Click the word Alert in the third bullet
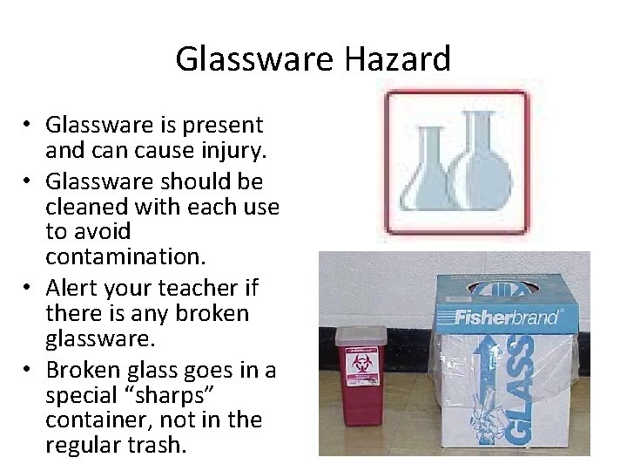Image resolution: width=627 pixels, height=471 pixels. pos(71,289)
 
